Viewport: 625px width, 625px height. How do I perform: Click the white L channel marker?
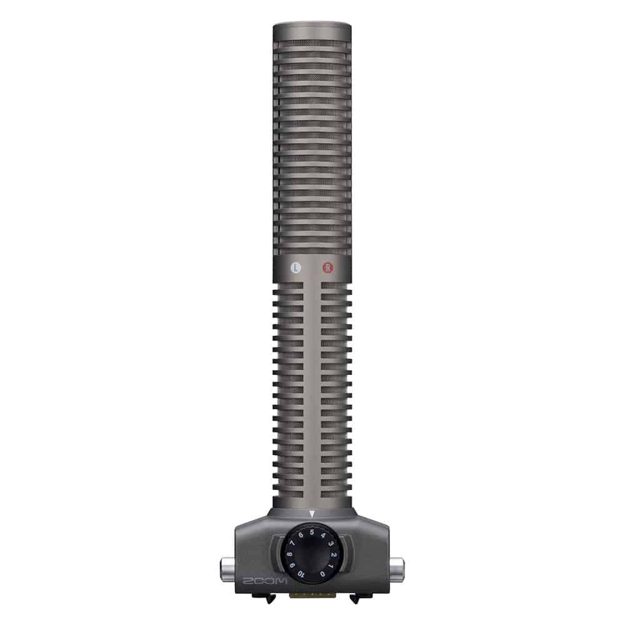pos(297,267)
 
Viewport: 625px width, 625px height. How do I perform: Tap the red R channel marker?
pos(327,267)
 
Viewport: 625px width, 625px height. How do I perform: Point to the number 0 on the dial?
pos(322,574)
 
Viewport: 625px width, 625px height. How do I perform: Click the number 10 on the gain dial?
pos(301,574)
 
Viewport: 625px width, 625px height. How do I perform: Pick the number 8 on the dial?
pos(289,554)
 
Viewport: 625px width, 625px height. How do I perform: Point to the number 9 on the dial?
pos(292,566)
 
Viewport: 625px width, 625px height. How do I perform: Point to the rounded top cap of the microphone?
pos(312,28)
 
